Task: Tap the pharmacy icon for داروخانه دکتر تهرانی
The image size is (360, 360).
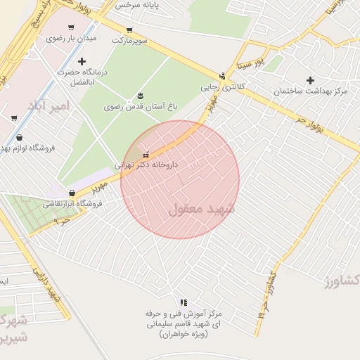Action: pos(146,155)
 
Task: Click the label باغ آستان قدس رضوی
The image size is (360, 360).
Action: pos(139,107)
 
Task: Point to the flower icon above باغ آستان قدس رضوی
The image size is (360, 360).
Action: pos(140,96)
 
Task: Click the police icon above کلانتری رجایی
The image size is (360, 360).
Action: pos(223,77)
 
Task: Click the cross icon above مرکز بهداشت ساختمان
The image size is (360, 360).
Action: pos(310,81)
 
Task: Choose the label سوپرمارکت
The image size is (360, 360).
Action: pos(129,41)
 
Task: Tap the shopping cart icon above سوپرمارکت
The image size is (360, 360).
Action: pos(129,30)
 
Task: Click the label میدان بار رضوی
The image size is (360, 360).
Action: pos(71,38)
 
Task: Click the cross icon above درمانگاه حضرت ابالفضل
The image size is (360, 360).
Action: pos(82,62)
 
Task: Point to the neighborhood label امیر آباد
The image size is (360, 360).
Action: pos(50,105)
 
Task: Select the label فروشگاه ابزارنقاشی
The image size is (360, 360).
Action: pos(72,204)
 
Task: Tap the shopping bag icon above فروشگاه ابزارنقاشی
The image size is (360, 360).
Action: pos(72,193)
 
